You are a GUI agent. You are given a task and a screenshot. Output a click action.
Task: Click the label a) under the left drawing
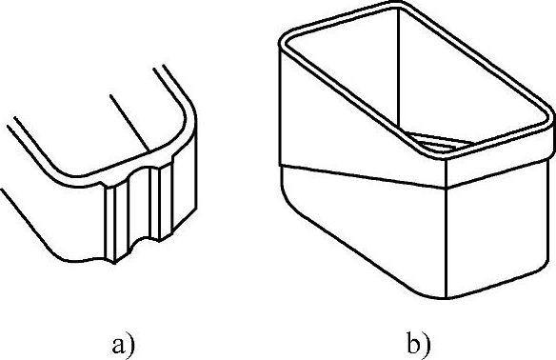click(x=123, y=345)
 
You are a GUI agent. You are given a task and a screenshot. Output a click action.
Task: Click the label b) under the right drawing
click(x=418, y=345)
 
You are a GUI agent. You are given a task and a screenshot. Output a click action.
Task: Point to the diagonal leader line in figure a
click(x=129, y=123)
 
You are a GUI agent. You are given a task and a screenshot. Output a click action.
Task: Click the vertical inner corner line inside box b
click(x=399, y=70)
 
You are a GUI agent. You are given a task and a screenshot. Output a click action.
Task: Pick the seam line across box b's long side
click(x=363, y=176)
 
